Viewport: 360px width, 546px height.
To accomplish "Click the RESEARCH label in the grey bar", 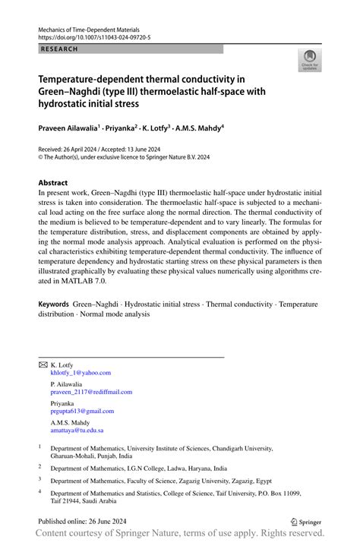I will pyautogui.click(x=58, y=49).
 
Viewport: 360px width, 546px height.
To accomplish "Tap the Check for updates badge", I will pyautogui.click(x=309, y=60).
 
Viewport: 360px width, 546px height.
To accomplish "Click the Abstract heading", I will pyautogui.click(x=53, y=183).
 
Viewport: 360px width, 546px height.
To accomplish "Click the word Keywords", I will pyautogui.click(x=54, y=304).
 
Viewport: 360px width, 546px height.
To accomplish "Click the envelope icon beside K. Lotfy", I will pyautogui.click(x=43, y=365).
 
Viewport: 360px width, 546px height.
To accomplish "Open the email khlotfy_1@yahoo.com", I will pyautogui.click(x=81, y=373).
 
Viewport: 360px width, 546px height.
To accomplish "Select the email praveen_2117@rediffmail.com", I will pyautogui.click(x=91, y=392).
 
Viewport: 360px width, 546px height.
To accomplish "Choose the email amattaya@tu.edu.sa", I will pyautogui.click(x=77, y=430).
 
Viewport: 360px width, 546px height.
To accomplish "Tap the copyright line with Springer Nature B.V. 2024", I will pyautogui.click(x=124, y=157).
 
